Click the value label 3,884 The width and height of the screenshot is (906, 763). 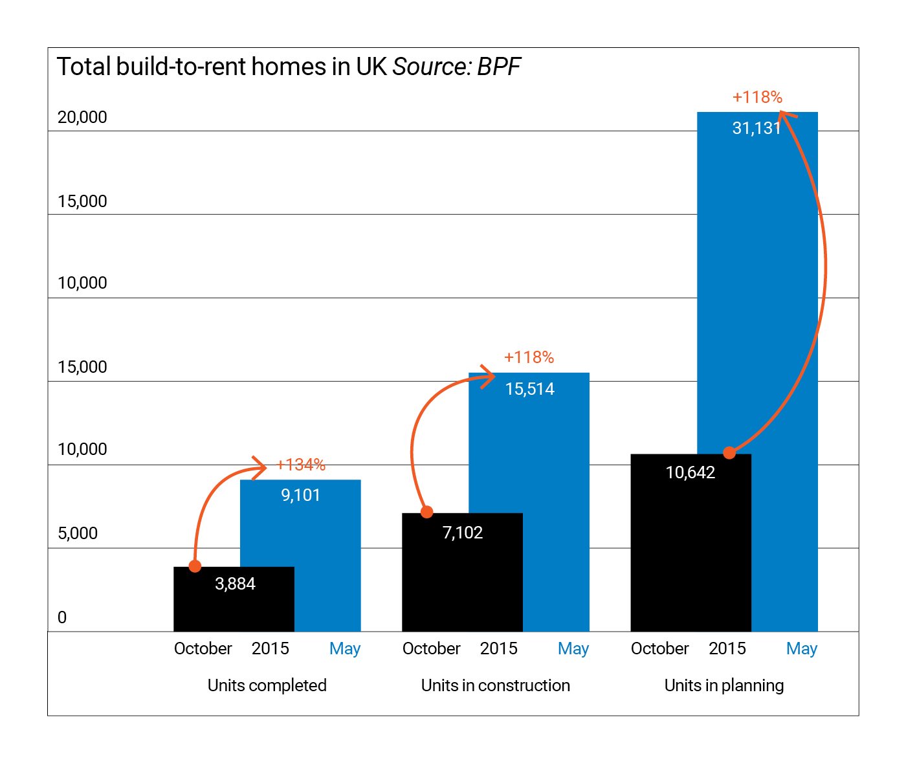point(235,584)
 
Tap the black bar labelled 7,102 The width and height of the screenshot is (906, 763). point(462,576)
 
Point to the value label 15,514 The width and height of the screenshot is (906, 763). point(529,389)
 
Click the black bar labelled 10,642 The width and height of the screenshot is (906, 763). point(691,550)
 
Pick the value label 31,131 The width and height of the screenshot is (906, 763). point(757,128)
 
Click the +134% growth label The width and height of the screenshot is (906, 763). point(301,465)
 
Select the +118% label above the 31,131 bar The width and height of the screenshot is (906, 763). point(757,97)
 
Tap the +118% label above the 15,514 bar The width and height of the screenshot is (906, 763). point(529,357)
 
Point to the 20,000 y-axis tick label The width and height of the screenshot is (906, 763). point(82,117)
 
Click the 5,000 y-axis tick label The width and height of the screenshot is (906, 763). point(78,533)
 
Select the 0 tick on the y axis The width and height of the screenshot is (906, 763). point(62,617)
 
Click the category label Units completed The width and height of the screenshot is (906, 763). point(267,685)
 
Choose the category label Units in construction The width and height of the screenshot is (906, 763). point(495,685)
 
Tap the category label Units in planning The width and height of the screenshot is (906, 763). point(724,685)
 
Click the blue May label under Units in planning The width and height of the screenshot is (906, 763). point(801,648)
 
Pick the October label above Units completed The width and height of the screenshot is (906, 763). point(203,648)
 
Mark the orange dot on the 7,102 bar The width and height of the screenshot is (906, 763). point(427,513)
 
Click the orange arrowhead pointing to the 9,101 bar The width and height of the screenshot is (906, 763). point(260,467)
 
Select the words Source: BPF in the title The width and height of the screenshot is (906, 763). point(456,67)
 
